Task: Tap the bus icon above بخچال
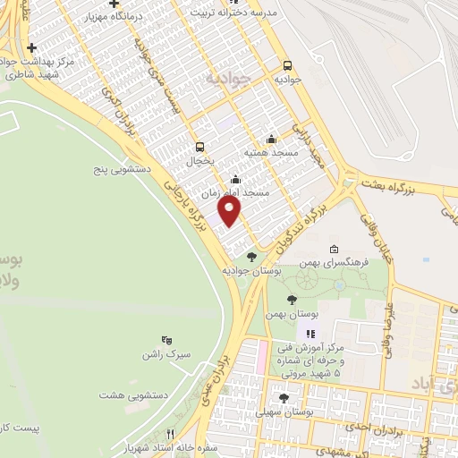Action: coord(199,148)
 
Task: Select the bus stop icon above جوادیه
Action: coord(287,65)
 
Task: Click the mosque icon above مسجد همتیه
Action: coord(271,139)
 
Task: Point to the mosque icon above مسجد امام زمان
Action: coord(235,178)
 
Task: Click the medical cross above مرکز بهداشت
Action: coord(32,47)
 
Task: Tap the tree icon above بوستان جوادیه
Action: coord(251,257)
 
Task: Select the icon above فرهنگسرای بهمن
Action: coord(334,248)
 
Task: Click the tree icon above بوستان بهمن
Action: coord(293,301)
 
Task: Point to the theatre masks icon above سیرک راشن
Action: coord(165,339)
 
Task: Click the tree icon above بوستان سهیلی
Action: coord(284,398)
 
